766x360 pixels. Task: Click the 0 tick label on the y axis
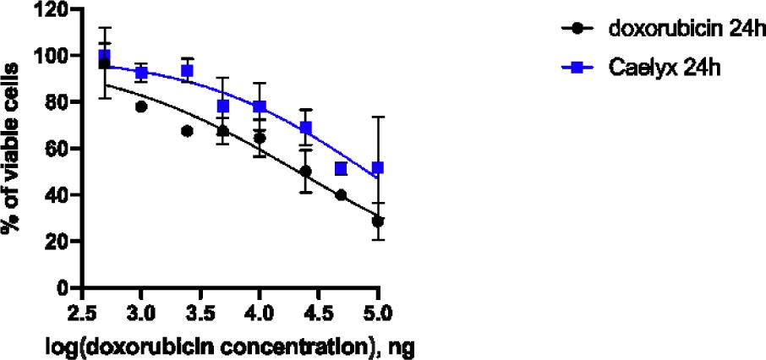pyautogui.click(x=63, y=288)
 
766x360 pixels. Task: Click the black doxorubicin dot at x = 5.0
pyautogui.click(x=378, y=221)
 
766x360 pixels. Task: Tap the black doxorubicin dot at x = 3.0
pyautogui.click(x=141, y=106)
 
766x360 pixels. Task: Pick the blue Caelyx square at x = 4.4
pyautogui.click(x=306, y=128)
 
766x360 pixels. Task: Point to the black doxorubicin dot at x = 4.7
pyautogui.click(x=341, y=194)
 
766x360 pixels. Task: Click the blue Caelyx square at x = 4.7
pyautogui.click(x=341, y=169)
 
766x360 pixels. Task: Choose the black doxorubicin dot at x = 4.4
pyautogui.click(x=306, y=171)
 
